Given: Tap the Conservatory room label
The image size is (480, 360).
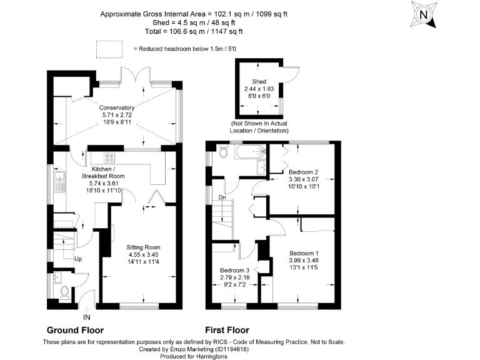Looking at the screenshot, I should click(118, 107).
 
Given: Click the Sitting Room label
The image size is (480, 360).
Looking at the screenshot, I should click(144, 247).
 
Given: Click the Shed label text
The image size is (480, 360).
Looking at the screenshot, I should click(259, 82).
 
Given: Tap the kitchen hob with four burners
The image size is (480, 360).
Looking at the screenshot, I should click(109, 158).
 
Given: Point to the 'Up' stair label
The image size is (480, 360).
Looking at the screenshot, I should click(78, 258).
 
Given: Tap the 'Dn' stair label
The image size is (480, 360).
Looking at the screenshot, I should click(222, 198).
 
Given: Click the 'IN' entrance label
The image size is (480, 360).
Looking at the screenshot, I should click(86, 317).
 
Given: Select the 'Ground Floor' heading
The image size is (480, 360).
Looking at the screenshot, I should click(75, 330).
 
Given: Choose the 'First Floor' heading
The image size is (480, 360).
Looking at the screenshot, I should click(227, 330).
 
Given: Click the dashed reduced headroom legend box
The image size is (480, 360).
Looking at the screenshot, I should click(106, 47).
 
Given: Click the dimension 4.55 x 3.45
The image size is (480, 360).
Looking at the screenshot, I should click(144, 254).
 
